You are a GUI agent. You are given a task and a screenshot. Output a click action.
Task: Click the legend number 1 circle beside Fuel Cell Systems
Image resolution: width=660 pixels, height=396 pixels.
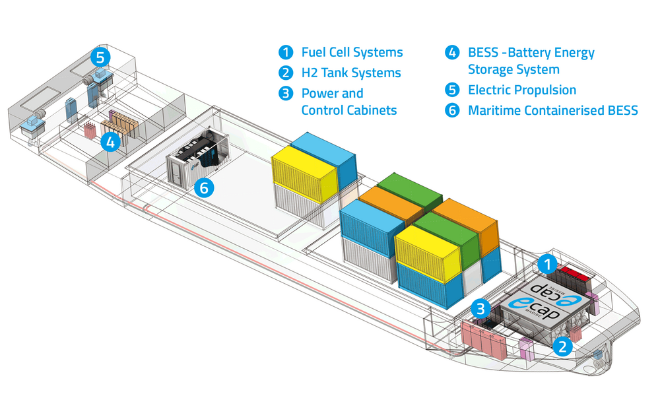click(x=285, y=52)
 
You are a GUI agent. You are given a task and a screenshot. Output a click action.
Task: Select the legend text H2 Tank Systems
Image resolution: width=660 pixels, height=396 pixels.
click(x=351, y=73)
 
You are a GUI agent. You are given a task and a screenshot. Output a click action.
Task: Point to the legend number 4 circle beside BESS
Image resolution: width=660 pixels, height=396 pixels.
click(x=452, y=52)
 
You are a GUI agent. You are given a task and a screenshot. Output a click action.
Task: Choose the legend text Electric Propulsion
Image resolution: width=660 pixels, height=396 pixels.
click(x=522, y=90)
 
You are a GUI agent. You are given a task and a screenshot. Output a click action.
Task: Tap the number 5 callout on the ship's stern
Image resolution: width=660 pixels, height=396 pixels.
click(x=100, y=57)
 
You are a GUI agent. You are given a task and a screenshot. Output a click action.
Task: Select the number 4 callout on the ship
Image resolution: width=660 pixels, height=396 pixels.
click(x=110, y=141)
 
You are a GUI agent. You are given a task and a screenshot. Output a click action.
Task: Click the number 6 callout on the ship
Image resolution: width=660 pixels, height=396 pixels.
click(x=204, y=188)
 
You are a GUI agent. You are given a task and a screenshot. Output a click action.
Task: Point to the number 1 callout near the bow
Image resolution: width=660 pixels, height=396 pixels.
click(x=546, y=265)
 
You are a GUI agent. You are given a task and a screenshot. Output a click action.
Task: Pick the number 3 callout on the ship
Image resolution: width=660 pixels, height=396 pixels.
click(x=481, y=308)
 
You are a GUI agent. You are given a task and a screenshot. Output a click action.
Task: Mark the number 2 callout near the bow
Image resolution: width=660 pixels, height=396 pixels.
click(x=562, y=346)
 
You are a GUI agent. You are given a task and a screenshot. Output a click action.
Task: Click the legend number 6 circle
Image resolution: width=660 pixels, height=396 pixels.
click(x=452, y=110)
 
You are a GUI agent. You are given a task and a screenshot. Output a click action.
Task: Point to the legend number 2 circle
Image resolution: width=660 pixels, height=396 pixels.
click(x=285, y=73)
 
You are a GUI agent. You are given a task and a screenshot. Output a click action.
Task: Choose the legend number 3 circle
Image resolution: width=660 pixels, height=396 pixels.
click(x=285, y=93)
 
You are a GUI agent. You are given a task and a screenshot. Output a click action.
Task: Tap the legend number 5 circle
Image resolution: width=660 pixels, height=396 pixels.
click(x=452, y=90)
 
